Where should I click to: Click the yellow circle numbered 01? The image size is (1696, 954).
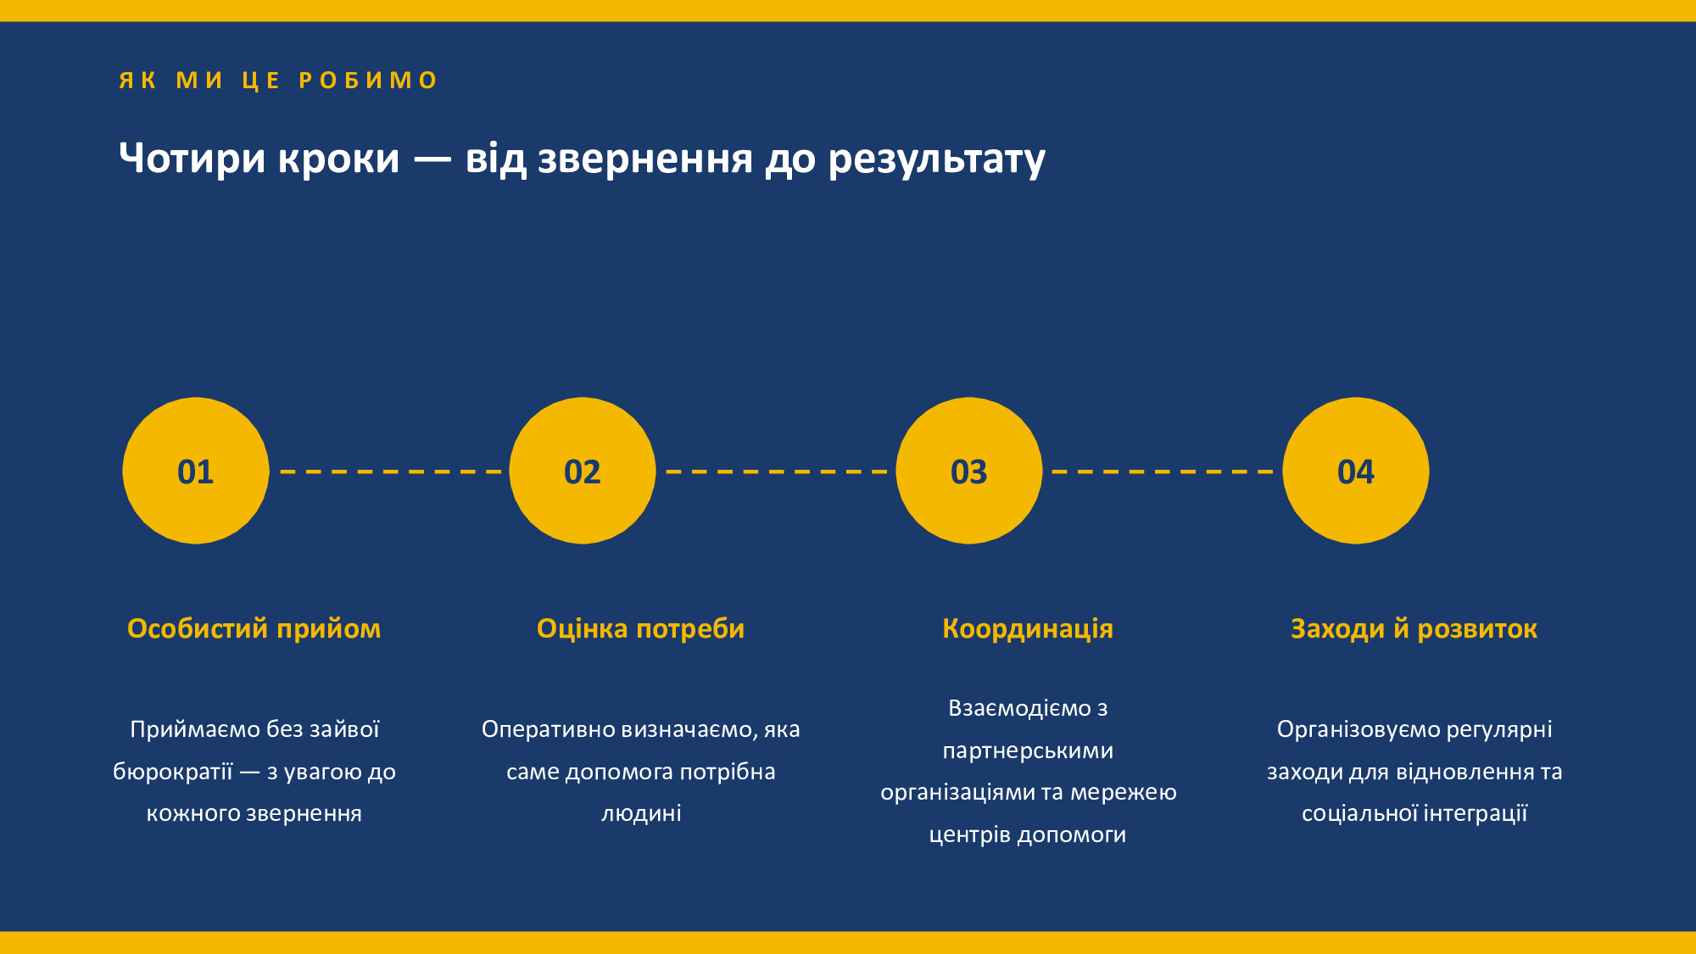[196, 471]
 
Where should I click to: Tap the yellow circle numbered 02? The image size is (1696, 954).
[583, 471]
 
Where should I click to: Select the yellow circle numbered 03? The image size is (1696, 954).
[969, 471]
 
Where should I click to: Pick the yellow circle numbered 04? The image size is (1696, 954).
[1356, 471]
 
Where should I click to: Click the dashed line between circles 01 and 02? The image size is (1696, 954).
[390, 471]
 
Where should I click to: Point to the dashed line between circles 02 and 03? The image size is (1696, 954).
[777, 471]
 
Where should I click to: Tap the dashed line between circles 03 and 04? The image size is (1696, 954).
[1163, 471]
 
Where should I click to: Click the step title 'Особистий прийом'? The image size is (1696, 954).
[254, 628]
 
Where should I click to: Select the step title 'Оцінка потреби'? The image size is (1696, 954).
[641, 628]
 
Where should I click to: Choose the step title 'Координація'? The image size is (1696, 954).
[1028, 628]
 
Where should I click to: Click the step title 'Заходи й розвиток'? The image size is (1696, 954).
[1414, 628]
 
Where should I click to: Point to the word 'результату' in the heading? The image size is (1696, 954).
[937, 159]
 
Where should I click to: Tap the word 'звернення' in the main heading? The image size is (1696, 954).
[645, 159]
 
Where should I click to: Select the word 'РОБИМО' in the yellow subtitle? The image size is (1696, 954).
[368, 81]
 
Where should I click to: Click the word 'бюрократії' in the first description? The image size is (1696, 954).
[173, 771]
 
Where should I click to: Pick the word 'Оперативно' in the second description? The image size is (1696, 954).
[549, 730]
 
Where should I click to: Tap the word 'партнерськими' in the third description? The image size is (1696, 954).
[1028, 750]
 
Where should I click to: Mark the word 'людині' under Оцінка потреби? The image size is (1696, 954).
[641, 813]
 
